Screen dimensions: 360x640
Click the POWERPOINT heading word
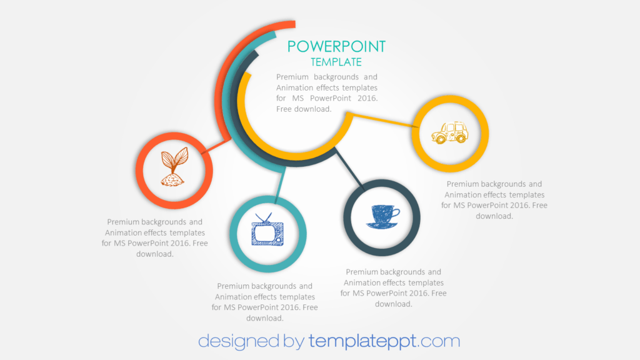click(336, 46)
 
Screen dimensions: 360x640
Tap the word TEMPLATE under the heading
click(336, 62)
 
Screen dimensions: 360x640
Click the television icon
click(266, 231)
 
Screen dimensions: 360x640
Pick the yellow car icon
click(449, 132)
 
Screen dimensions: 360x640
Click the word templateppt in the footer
click(362, 341)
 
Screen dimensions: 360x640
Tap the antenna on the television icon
click(266, 217)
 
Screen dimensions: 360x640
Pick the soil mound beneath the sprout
click(173, 180)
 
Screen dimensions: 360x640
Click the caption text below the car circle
click(494, 200)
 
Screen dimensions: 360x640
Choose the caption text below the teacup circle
click(393, 287)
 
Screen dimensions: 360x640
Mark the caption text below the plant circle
click(154, 237)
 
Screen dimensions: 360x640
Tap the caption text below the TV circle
click(264, 302)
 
